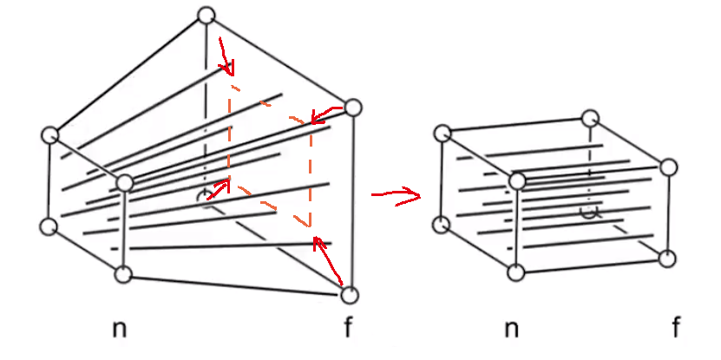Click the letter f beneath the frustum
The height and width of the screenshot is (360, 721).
(349, 327)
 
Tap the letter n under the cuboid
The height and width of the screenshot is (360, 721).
(512, 329)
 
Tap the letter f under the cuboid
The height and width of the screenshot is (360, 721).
(675, 327)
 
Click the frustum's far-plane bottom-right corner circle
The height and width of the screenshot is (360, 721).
(349, 295)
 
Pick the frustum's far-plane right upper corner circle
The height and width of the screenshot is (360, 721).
(352, 108)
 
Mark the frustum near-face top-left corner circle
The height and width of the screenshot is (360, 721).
(50, 135)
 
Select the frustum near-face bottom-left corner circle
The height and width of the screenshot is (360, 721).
(49, 227)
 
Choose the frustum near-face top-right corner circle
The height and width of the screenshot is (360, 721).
(125, 182)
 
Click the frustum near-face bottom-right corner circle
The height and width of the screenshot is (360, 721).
(123, 274)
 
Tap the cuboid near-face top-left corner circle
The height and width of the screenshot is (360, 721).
(442, 132)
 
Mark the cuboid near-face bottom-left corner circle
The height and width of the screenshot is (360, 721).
(442, 224)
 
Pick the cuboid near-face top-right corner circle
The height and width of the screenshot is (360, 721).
(518, 180)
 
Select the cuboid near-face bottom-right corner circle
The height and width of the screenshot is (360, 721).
(517, 272)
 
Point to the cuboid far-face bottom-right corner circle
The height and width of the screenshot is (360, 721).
(667, 258)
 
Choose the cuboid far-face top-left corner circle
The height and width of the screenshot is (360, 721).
(591, 117)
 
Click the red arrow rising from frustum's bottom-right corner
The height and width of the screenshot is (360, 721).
(331, 259)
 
